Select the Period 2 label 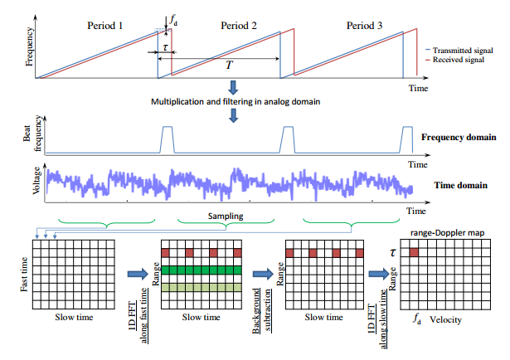238,26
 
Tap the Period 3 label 363,26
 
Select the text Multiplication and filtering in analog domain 235,100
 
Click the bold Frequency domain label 459,137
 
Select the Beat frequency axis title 38,137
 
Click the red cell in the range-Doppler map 413,251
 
